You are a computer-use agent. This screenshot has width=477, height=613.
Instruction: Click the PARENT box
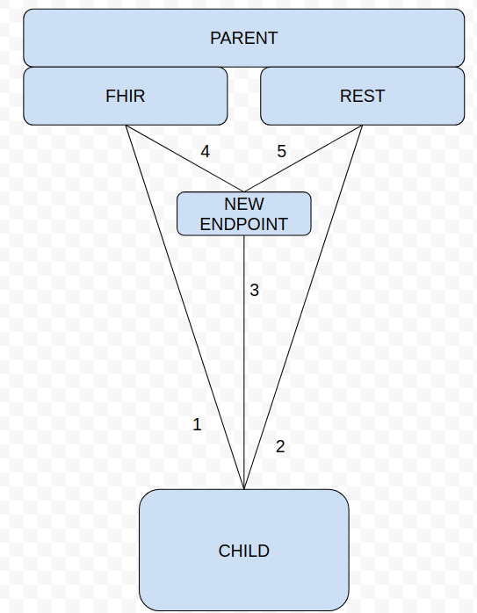coord(244,38)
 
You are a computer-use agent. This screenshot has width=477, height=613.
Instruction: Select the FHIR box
coord(126,97)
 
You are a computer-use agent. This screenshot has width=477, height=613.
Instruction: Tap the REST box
coord(363,97)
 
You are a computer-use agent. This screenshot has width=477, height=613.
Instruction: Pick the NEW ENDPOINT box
coord(244,213)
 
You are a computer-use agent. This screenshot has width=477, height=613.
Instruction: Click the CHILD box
coord(244,550)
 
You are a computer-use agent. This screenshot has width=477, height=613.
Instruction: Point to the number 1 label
coord(197,424)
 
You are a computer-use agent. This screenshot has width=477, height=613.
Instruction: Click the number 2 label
coord(280,446)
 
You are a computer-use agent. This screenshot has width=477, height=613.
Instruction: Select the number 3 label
coord(254,290)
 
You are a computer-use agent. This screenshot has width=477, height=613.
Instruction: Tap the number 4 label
coord(205,151)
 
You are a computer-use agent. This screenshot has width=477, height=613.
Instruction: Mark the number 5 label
coord(281,151)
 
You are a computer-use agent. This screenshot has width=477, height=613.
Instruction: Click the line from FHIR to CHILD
coord(184,306)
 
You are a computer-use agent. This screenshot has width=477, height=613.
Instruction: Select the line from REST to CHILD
coord(303,306)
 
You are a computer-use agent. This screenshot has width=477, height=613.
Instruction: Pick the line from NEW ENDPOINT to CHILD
coord(244,363)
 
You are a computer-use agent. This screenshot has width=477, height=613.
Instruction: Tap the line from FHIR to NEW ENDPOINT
coord(184,158)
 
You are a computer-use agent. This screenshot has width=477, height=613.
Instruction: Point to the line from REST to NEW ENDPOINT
coord(303,158)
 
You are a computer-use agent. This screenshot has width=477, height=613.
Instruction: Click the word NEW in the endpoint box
coord(244,204)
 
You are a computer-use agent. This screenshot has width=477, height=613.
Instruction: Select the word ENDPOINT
coord(244,224)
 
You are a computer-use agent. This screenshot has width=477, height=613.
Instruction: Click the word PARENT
coord(244,38)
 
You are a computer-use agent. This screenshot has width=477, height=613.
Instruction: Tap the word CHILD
coord(244,551)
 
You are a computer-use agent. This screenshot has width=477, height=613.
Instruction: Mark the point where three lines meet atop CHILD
coord(244,488)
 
